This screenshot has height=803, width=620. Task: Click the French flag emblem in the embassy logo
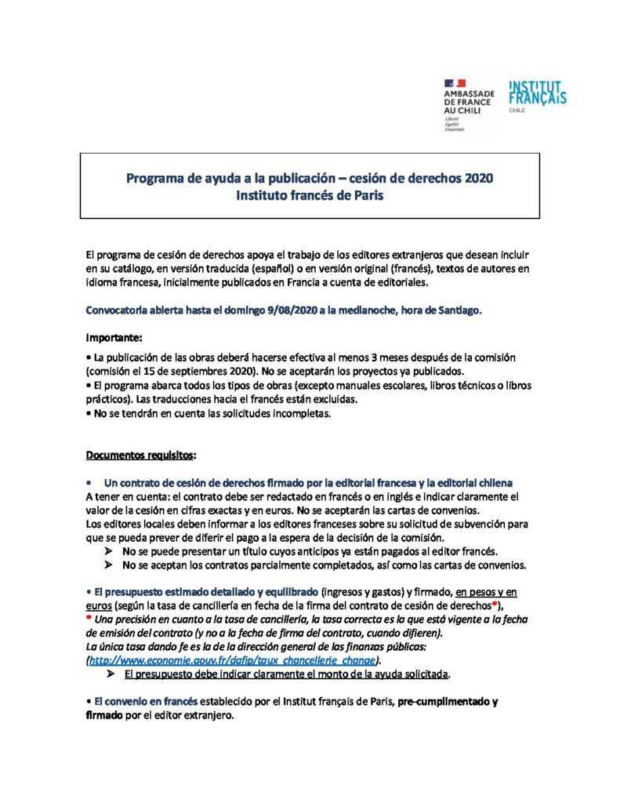pos(455,82)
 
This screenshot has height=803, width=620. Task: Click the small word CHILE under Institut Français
pos(517,111)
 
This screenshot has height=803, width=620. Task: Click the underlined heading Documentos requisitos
pos(140,456)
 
